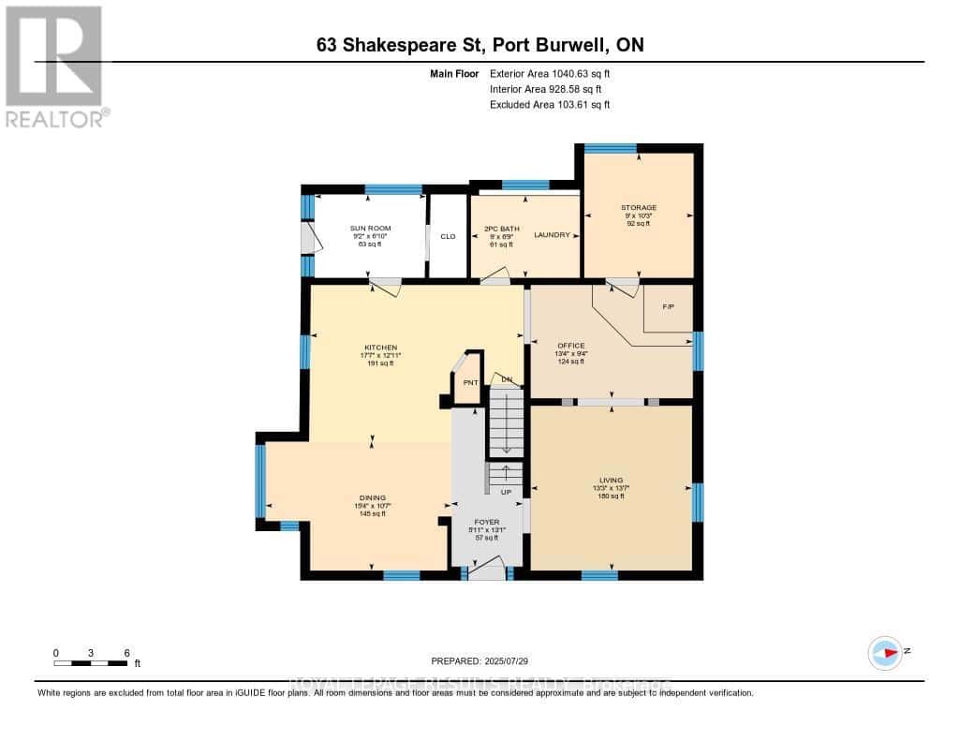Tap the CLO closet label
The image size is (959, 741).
pyautogui.click(x=448, y=236)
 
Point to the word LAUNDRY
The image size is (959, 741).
pyautogui.click(x=552, y=235)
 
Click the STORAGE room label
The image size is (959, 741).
pyautogui.click(x=638, y=208)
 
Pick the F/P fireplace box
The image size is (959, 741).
pyautogui.click(x=668, y=307)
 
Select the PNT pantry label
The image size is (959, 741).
pyautogui.click(x=470, y=382)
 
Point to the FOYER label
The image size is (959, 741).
pyautogui.click(x=486, y=522)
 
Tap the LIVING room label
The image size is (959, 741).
pyautogui.click(x=612, y=481)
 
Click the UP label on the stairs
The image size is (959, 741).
pyautogui.click(x=506, y=492)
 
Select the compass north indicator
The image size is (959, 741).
pyautogui.click(x=885, y=652)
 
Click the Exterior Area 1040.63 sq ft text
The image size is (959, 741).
pyautogui.click(x=551, y=73)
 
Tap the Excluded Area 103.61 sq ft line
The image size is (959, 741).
pyautogui.click(x=550, y=105)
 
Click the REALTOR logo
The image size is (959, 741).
pyautogui.click(x=55, y=66)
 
